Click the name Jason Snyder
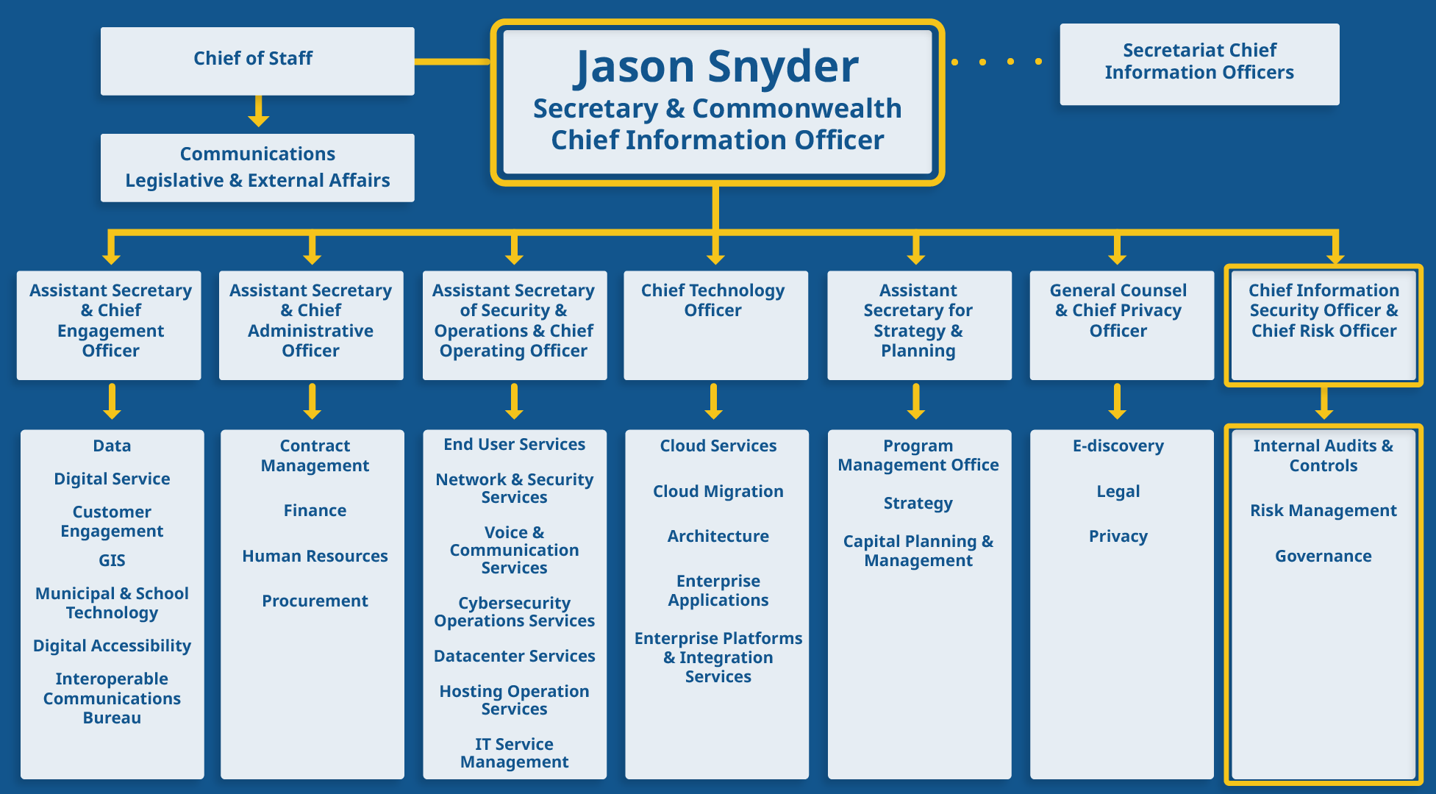coord(716,67)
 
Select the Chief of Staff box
coord(257,60)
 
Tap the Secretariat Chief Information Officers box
coord(1199,63)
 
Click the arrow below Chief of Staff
coord(258,112)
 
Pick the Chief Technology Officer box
coord(715,324)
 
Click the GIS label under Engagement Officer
coord(112,560)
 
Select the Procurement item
coord(315,601)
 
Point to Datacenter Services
coord(514,656)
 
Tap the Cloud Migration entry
coord(718,491)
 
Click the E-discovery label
coord(1118,446)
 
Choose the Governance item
coord(1323,556)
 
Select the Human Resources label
coord(315,556)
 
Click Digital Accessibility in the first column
coord(112,645)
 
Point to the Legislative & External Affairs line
coord(257,180)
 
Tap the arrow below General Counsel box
coord(1117,401)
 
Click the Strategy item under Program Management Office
coord(918,504)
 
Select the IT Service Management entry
coord(514,753)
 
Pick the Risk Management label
coord(1323,510)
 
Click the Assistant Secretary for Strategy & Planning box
coord(918,324)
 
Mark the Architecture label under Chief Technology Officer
coord(718,536)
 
